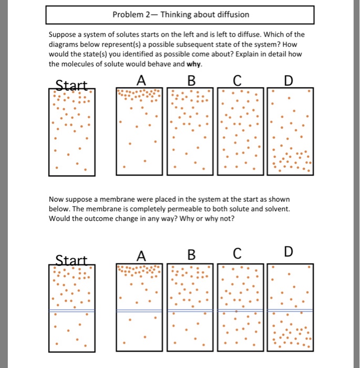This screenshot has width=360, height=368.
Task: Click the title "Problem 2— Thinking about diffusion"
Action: pyautogui.click(x=181, y=14)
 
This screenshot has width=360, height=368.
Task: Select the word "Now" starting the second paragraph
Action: pyautogui.click(x=56, y=199)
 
